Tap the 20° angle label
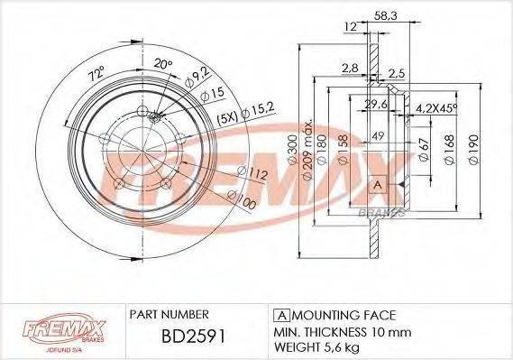point(161,64)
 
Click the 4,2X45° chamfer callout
point(435,108)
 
